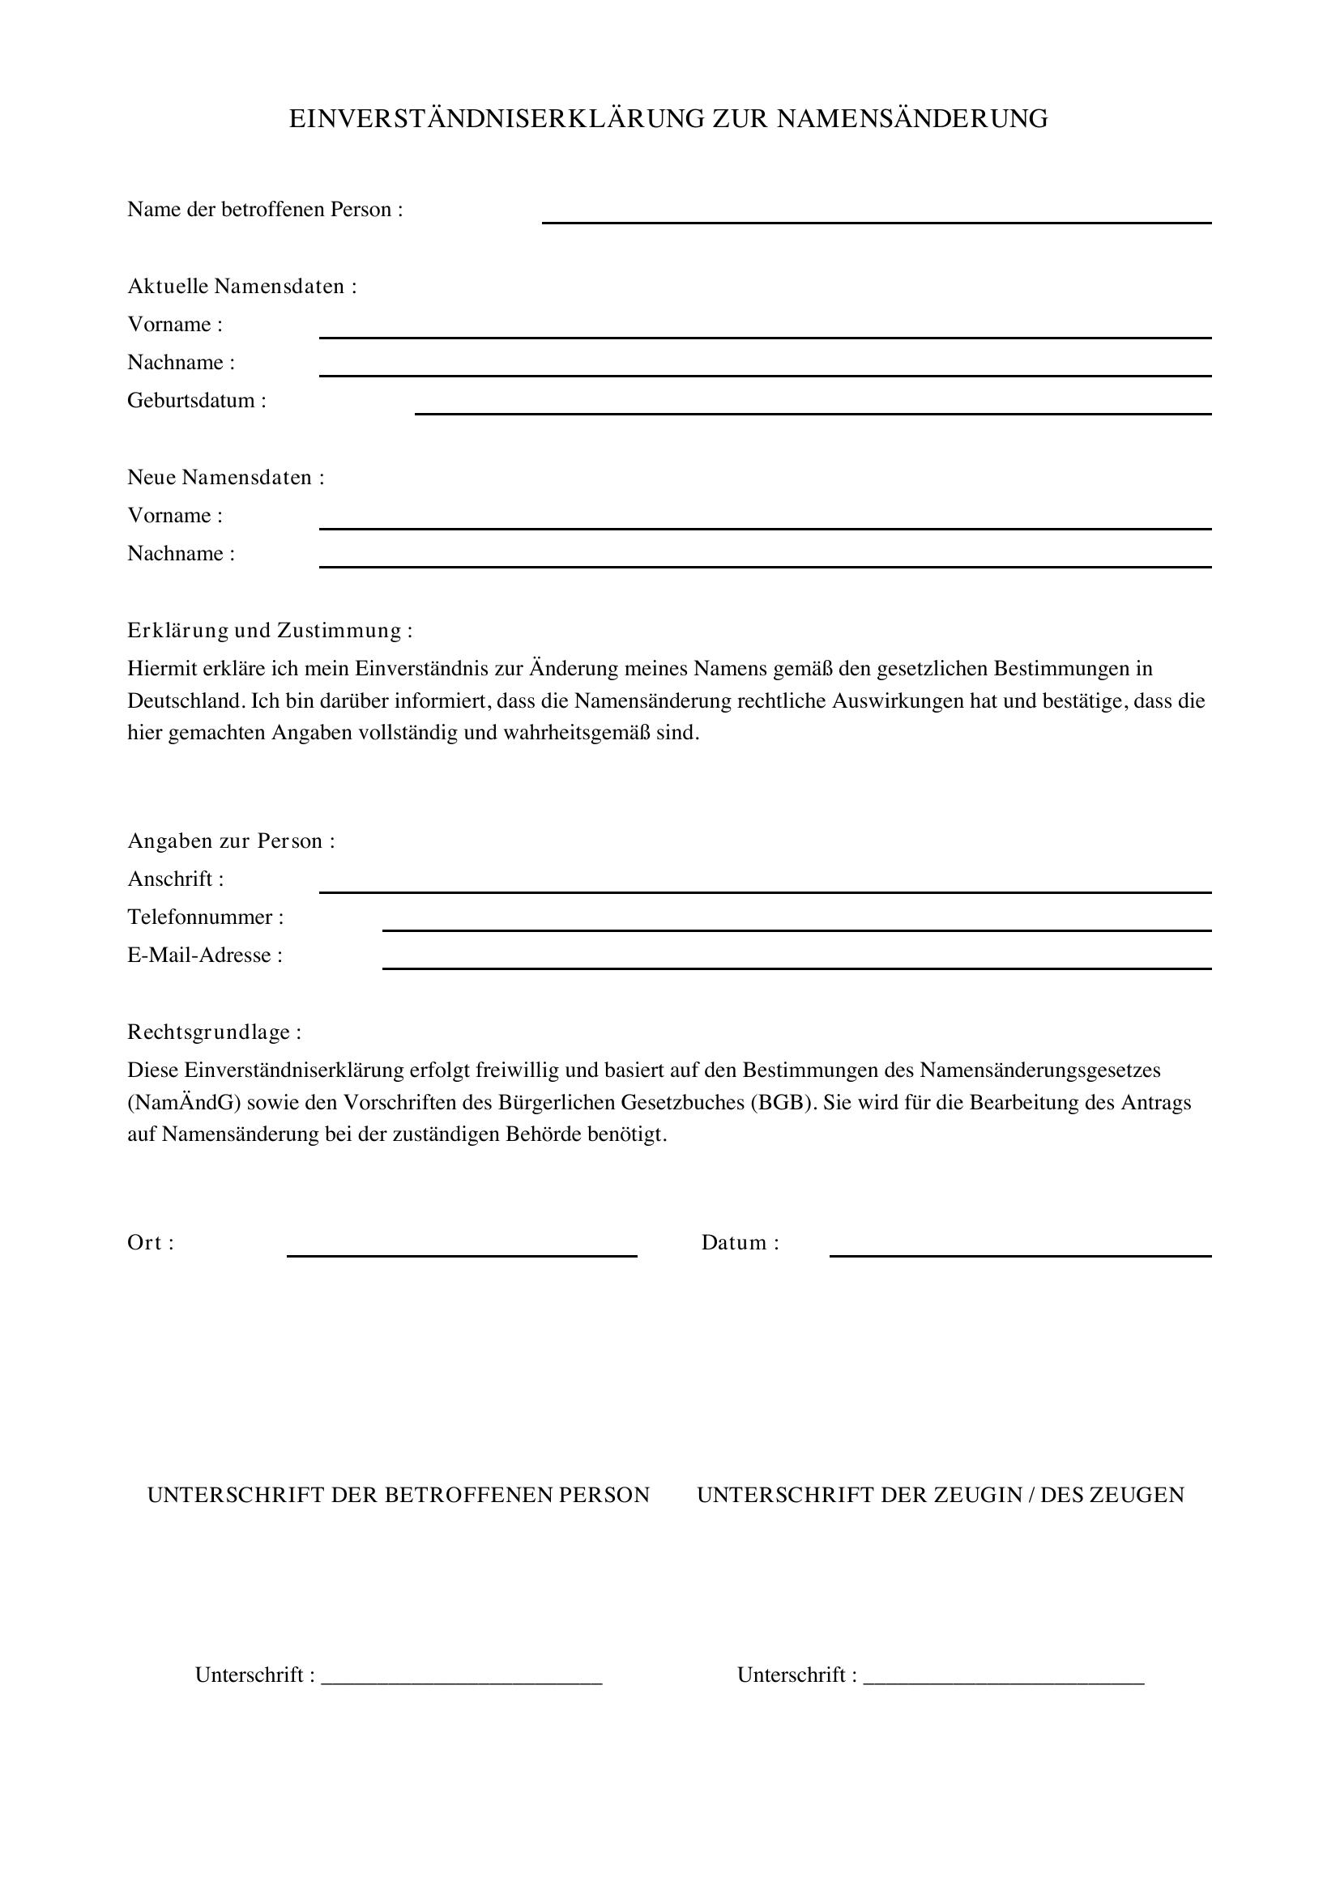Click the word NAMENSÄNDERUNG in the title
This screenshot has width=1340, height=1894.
pyautogui.click(x=911, y=119)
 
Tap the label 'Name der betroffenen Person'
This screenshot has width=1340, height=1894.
pyautogui.click(x=264, y=210)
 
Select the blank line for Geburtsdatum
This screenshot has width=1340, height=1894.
pyautogui.click(x=812, y=411)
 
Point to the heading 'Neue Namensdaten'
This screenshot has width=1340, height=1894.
pyautogui.click(x=225, y=478)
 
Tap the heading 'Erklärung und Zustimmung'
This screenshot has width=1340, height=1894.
pyautogui.click(x=269, y=630)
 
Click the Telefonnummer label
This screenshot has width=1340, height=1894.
pyautogui.click(x=205, y=917)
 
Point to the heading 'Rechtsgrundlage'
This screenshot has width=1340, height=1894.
pyautogui.click(x=214, y=1032)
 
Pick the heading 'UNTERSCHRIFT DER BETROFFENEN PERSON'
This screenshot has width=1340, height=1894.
pyautogui.click(x=399, y=1496)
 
